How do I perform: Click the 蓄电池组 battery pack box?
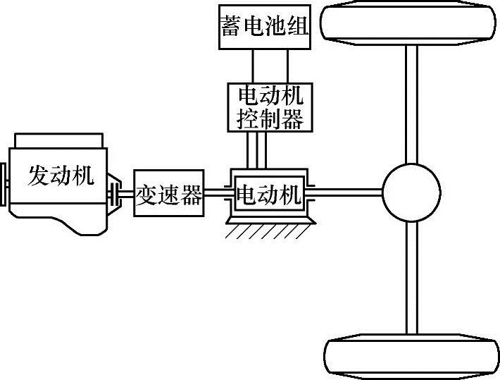pos(264,27)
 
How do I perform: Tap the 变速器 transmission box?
pos(170,192)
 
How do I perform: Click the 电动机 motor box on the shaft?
pos(270,192)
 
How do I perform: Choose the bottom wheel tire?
pos(412,359)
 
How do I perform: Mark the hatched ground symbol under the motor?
pos(270,230)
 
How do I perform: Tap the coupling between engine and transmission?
pos(122,192)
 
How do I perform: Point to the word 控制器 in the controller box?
pos(271,118)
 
